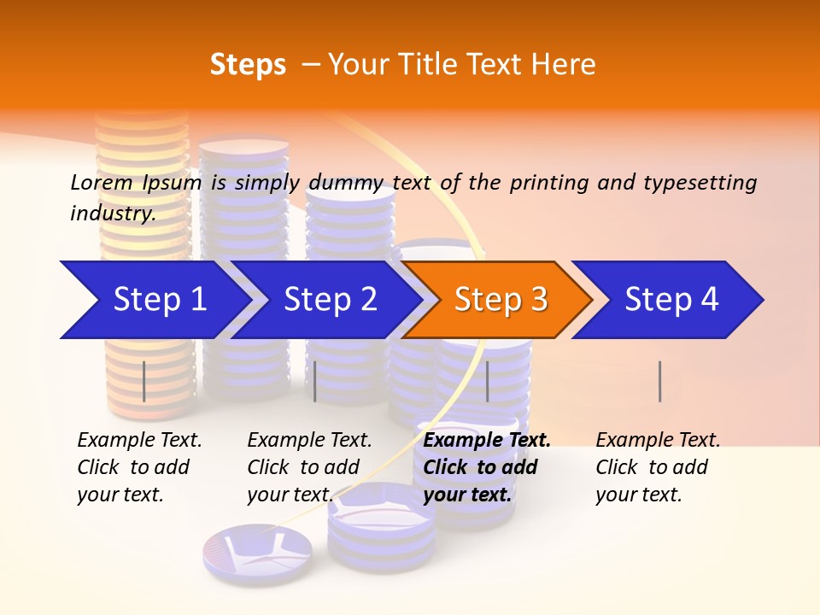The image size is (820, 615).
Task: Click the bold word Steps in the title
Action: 248,65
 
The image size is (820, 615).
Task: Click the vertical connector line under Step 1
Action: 144,381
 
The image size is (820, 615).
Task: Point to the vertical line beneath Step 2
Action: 315,381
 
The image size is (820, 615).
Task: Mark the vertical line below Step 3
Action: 488,381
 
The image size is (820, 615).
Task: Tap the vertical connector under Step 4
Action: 659,381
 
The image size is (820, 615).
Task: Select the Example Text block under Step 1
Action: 139,467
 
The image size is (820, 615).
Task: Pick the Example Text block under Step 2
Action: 309,467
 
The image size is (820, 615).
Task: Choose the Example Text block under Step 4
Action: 658,467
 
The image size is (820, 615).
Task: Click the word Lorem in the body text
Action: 102,183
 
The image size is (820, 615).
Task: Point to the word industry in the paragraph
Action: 113,214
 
